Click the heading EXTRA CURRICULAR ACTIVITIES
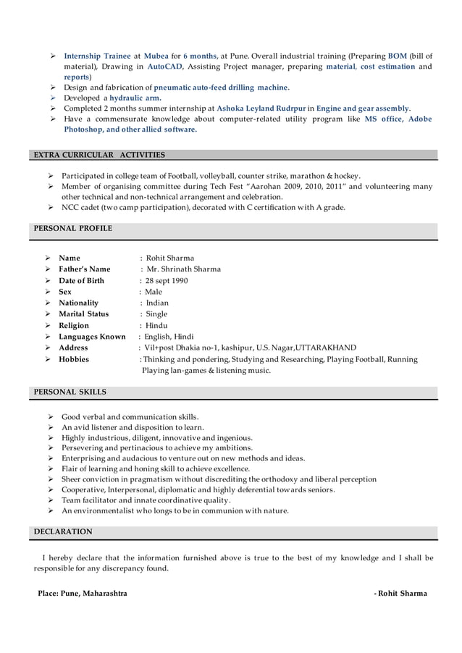100,155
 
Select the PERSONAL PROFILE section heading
73,228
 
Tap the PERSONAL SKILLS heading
70,392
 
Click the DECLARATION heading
63,531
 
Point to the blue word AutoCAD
165,66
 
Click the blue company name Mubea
156,56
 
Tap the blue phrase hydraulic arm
135,98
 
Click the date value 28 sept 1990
166,281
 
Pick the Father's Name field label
85,269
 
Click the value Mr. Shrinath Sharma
184,269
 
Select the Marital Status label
84,314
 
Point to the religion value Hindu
156,326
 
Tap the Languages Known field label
92,337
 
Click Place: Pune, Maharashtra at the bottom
83,594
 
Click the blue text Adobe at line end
420,119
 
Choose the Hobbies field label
74,359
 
